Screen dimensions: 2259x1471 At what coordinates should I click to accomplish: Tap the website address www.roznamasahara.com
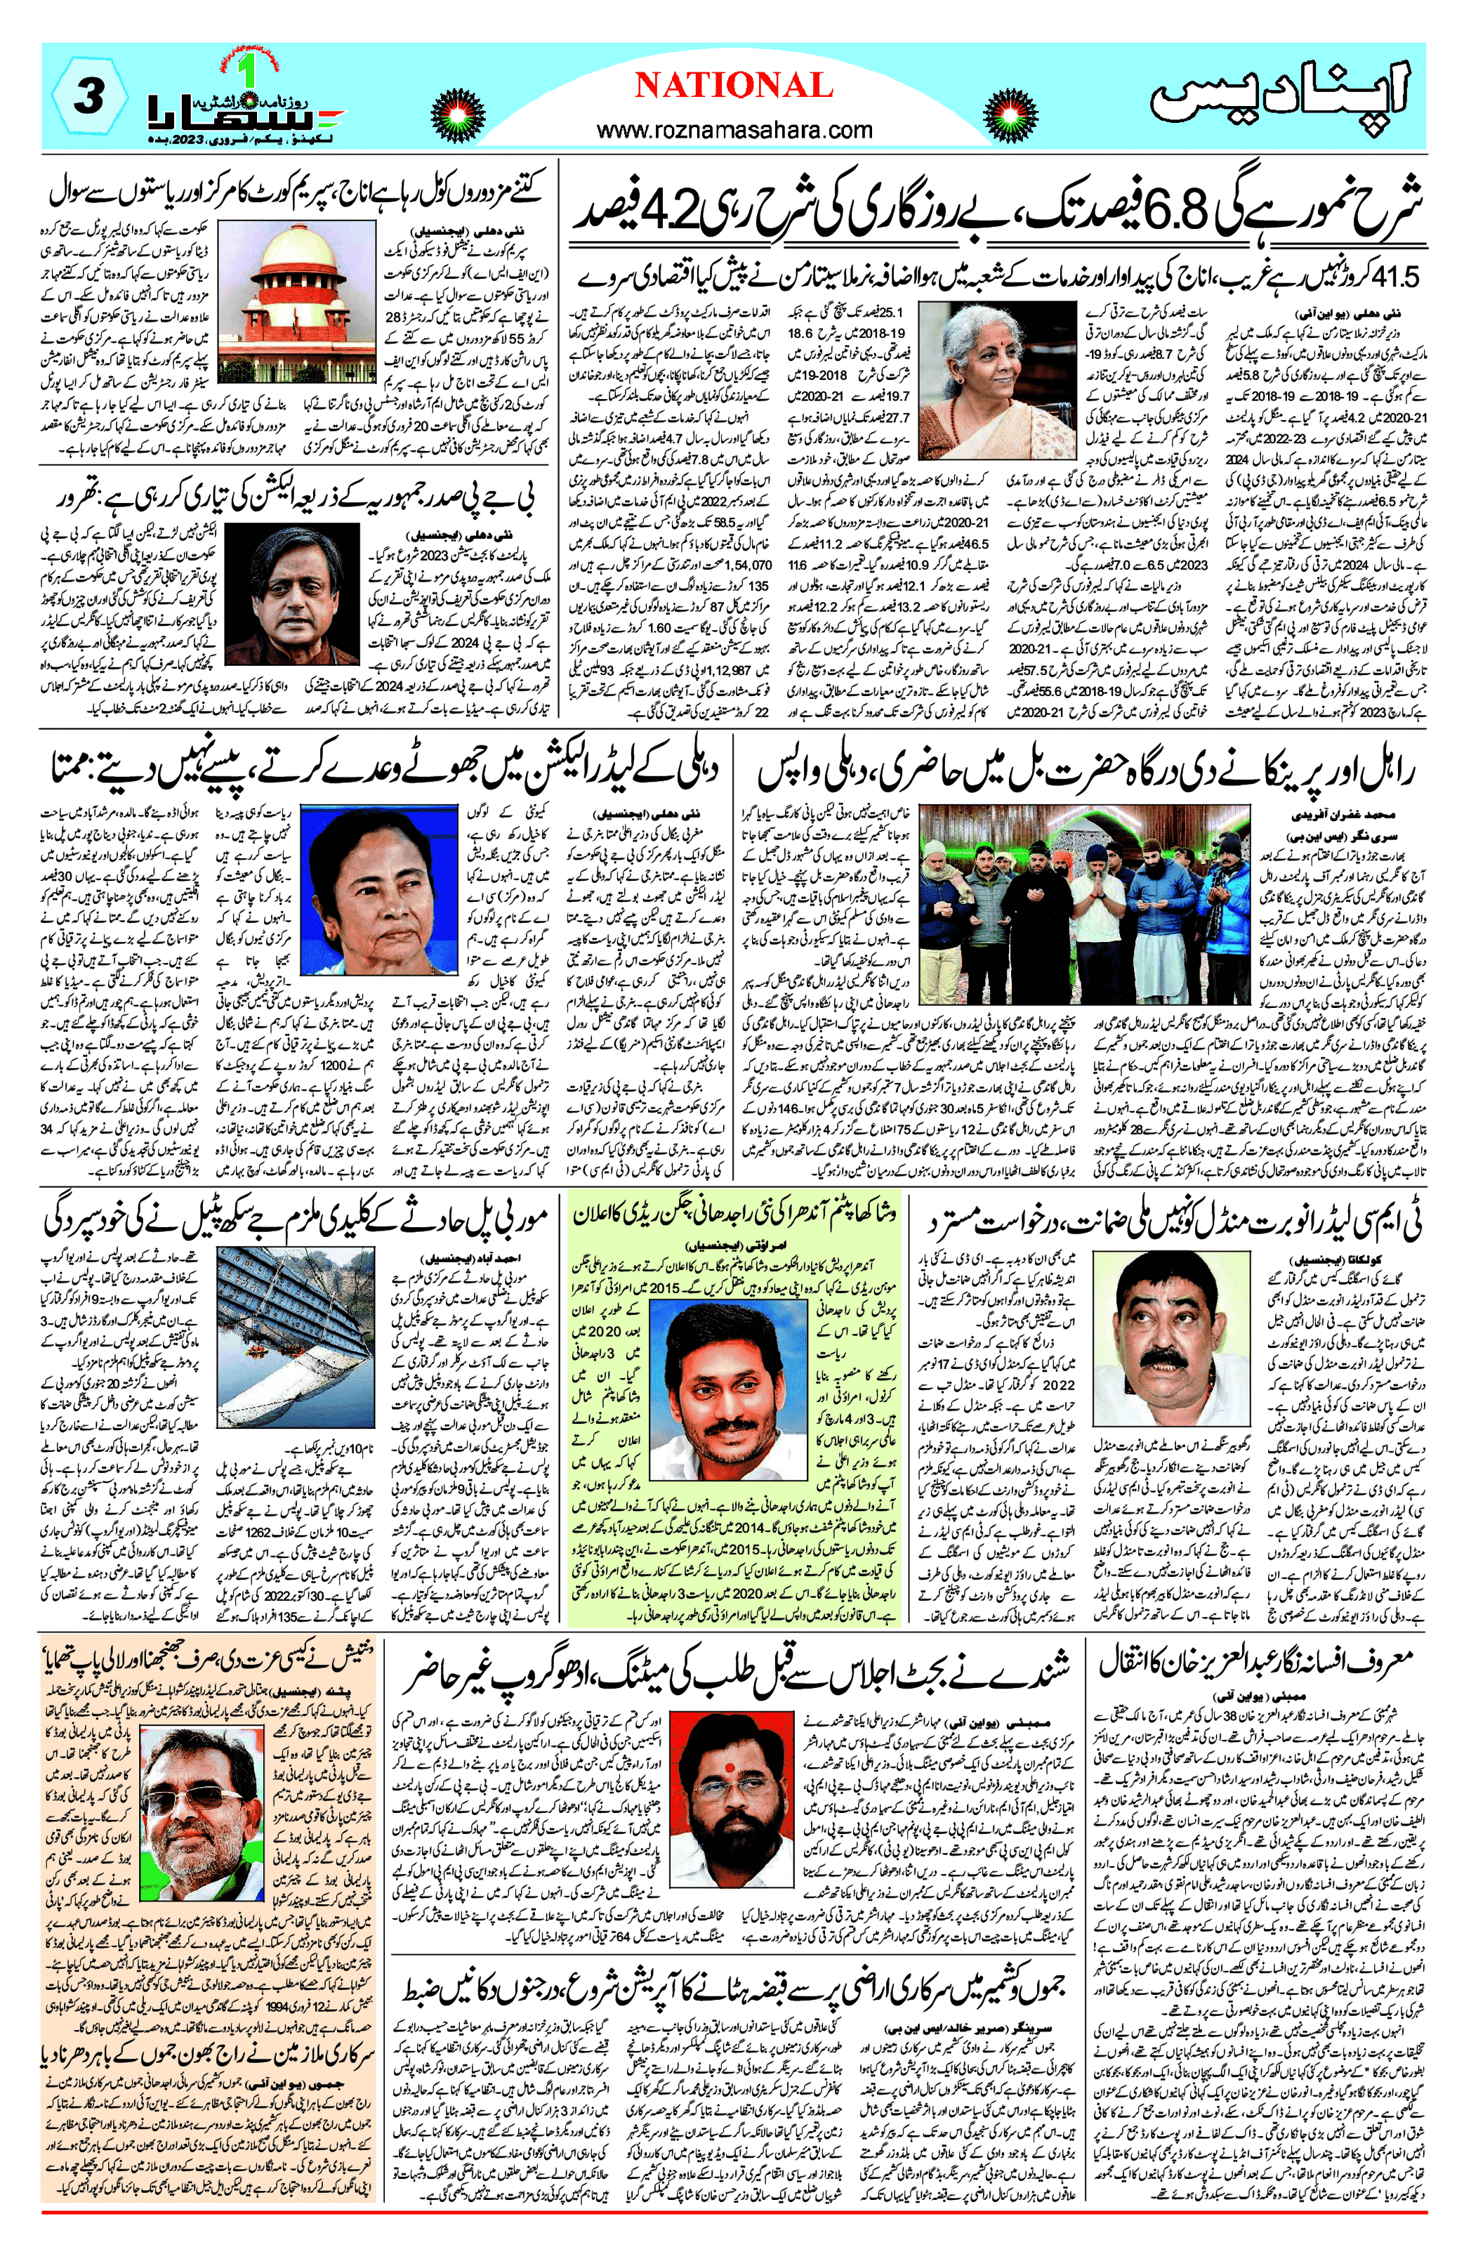[x=734, y=129]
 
